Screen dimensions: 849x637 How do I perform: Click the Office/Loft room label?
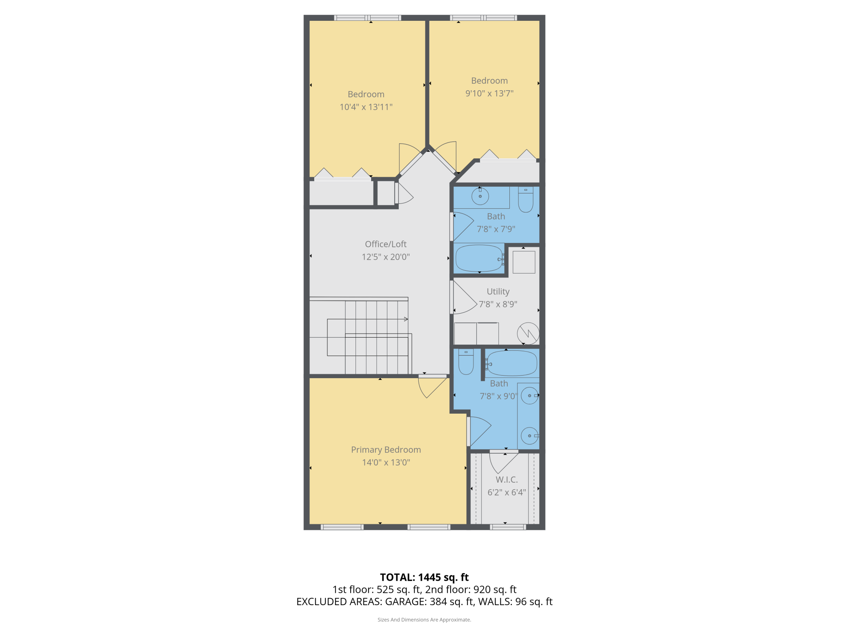(x=386, y=244)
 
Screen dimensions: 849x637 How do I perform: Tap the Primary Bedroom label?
(x=386, y=450)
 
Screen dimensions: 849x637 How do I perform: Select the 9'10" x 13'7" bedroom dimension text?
(x=489, y=94)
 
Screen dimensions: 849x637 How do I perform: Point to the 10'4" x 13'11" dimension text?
(x=366, y=107)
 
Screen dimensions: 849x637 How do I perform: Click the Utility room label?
(x=498, y=292)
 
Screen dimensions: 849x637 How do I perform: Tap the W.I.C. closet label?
(x=507, y=480)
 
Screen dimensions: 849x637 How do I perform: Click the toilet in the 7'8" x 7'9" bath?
(x=526, y=200)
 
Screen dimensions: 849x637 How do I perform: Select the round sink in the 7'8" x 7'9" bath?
(x=480, y=196)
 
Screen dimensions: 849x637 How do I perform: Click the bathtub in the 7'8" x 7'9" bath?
(x=479, y=258)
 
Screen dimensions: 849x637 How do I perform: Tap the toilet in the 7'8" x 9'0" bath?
(x=466, y=362)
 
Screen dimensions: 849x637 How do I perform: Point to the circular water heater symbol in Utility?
(x=528, y=334)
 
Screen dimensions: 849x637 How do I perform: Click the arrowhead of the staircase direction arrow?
(x=406, y=319)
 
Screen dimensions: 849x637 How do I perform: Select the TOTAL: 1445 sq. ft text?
(x=424, y=577)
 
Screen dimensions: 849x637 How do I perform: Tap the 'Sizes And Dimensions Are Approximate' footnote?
(x=424, y=620)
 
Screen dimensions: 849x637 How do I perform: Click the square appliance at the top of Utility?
(x=524, y=262)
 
